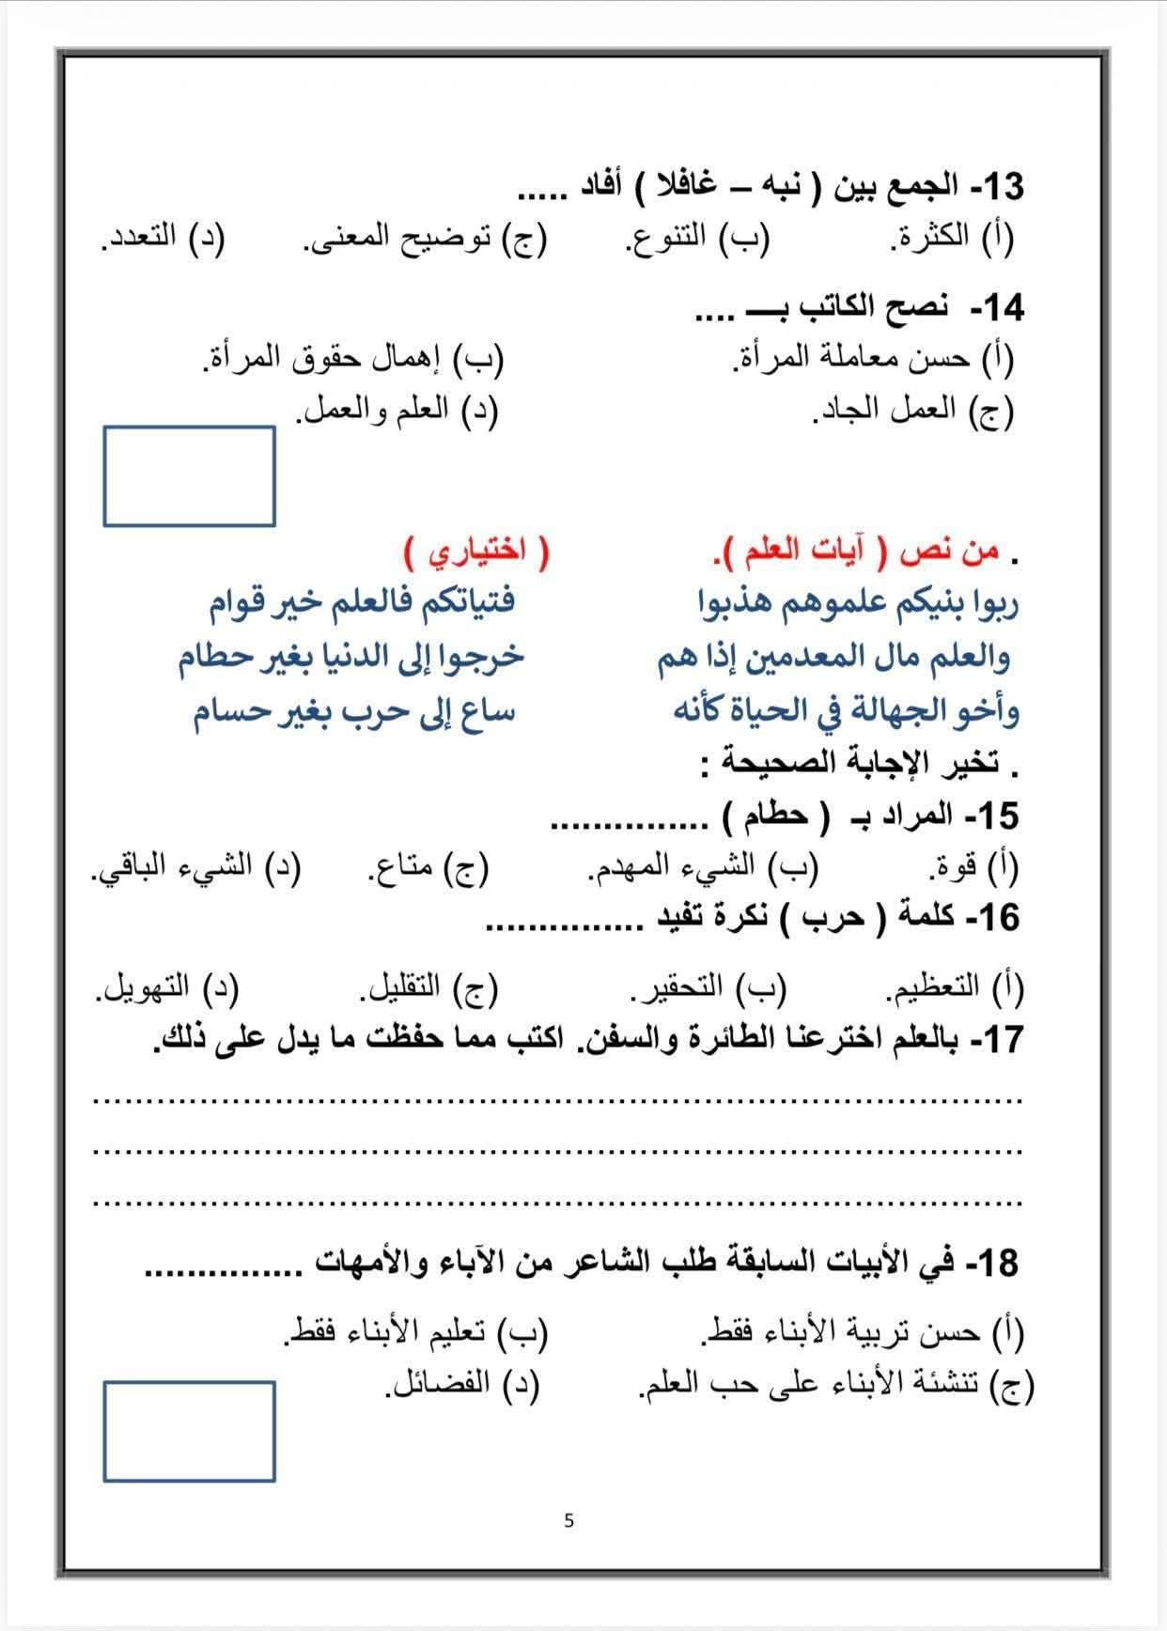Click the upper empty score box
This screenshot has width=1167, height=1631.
coord(189,476)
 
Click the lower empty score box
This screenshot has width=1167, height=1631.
coord(189,1431)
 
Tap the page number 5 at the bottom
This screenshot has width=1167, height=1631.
coord(568,1520)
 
